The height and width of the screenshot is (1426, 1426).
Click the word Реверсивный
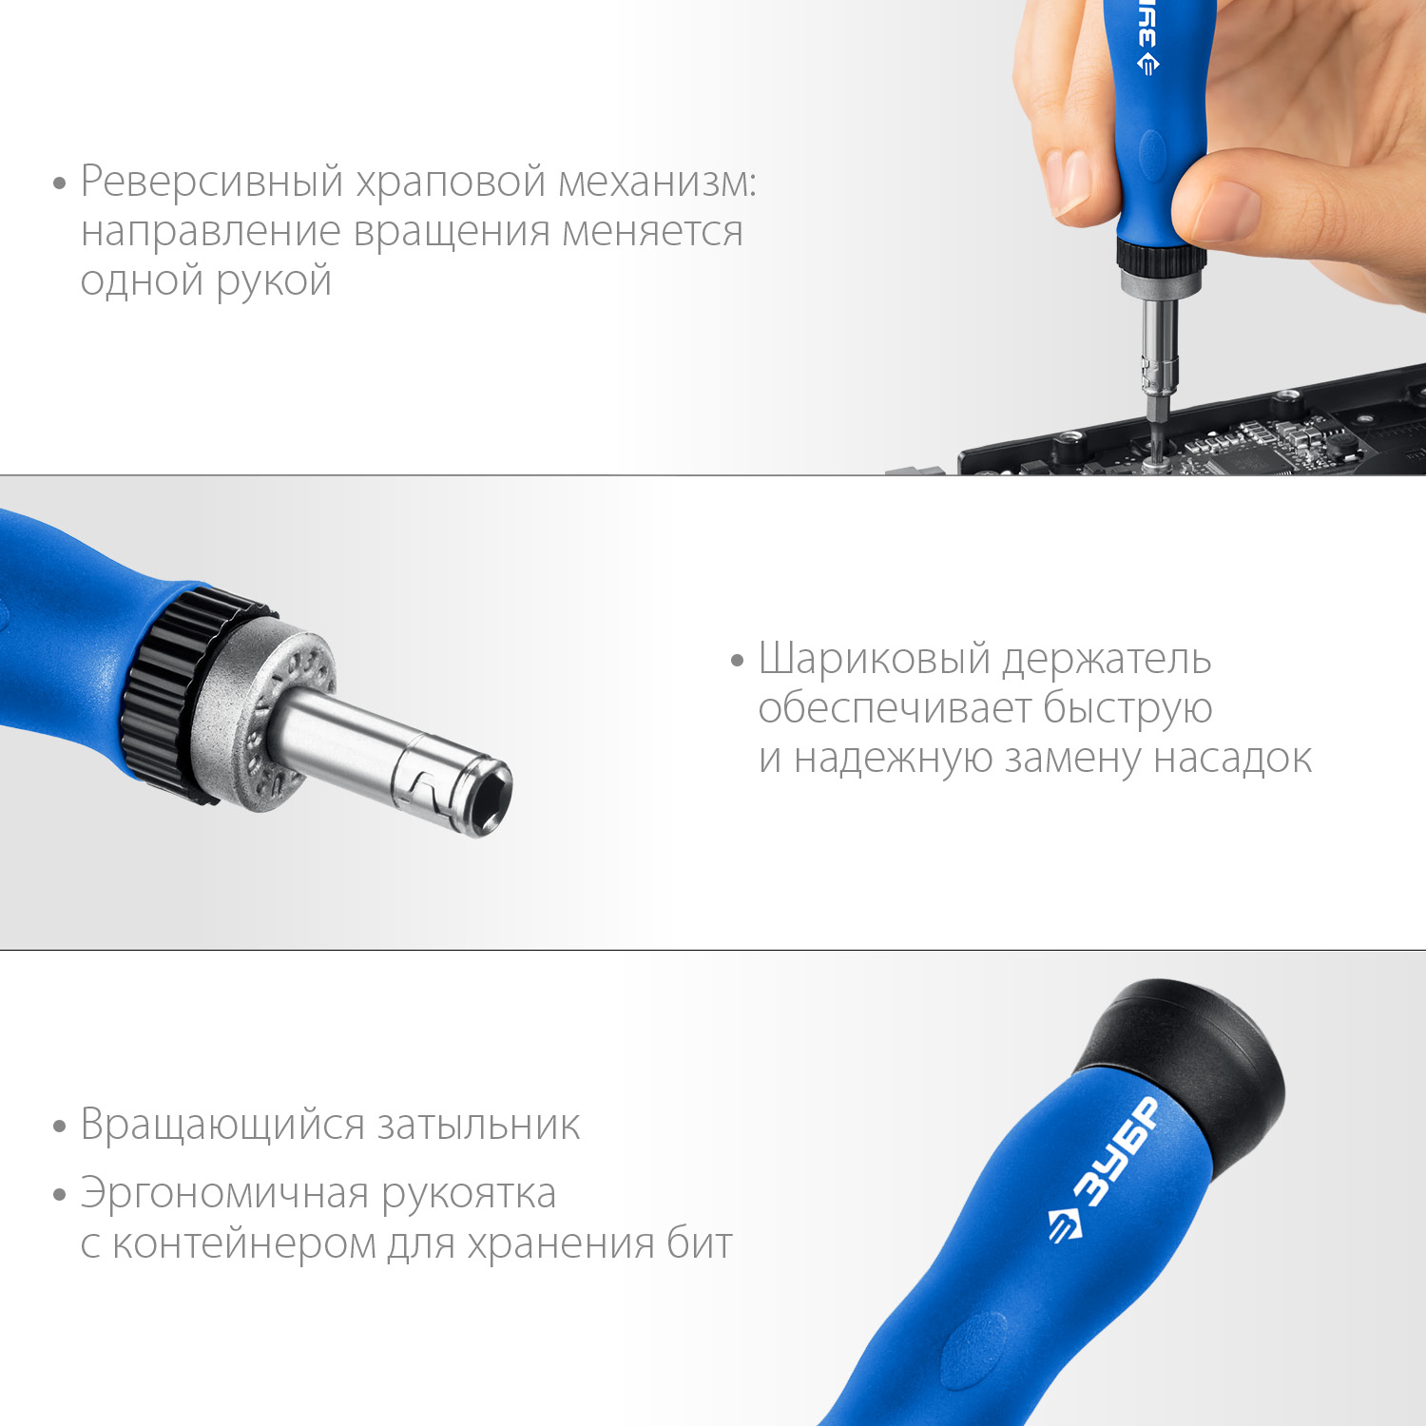tap(211, 181)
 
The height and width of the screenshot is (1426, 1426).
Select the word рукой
tap(274, 281)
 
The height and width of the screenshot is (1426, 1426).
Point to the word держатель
tap(1107, 659)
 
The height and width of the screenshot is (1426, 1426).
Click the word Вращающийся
tap(222, 1126)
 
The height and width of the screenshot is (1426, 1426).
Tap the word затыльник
tap(478, 1126)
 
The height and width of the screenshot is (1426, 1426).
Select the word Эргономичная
tap(222, 1194)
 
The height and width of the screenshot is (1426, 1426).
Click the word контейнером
tap(244, 1243)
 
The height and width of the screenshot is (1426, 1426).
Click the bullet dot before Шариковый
tap(737, 660)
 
